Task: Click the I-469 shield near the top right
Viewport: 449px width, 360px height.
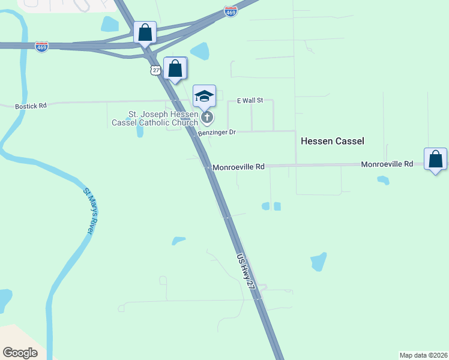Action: coord(229,11)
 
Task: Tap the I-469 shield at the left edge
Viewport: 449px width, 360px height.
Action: coord(41,47)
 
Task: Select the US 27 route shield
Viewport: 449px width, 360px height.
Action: coord(156,70)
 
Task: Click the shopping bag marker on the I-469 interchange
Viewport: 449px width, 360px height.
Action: coord(145,32)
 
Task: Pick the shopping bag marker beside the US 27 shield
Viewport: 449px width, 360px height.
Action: coord(175,68)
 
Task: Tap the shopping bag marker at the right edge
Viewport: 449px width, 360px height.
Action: coord(436,160)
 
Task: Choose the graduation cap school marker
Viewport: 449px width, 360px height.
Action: coord(204,96)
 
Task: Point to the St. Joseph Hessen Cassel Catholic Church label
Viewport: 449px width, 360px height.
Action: coord(155,118)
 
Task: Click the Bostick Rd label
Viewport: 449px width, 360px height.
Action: coord(31,106)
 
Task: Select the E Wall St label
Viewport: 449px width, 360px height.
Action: coord(250,100)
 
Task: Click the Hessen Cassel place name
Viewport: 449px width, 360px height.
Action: coord(332,140)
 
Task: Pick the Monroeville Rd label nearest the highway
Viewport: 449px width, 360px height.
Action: coord(238,167)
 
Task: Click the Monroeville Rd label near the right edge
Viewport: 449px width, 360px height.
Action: coord(387,164)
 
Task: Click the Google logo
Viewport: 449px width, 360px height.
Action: coord(20,352)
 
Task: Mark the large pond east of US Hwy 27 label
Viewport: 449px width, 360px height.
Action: coord(318,262)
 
